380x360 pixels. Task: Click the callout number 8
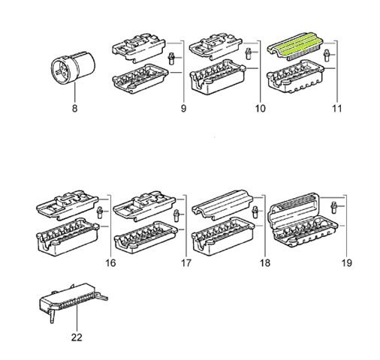[x=74, y=109]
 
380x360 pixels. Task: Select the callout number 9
[x=183, y=109]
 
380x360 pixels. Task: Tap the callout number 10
[x=260, y=109]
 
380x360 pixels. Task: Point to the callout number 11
[x=336, y=109]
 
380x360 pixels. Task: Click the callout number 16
[x=110, y=263]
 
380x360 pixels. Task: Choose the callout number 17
[x=185, y=263]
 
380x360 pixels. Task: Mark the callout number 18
[x=265, y=263]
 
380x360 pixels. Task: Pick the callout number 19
[x=347, y=263]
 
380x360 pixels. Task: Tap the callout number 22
[x=77, y=337]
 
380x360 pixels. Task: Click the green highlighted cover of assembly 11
[x=295, y=46]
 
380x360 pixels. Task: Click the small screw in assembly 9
[x=171, y=58]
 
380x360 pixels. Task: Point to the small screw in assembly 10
[x=249, y=54]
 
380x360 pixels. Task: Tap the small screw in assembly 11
[x=327, y=55]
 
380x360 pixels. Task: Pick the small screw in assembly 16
[x=100, y=213]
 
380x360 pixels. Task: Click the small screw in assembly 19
[x=333, y=208]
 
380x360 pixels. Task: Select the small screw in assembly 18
[x=255, y=212]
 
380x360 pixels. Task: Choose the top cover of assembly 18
[x=223, y=205]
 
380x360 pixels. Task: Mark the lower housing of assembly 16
[x=68, y=237]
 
